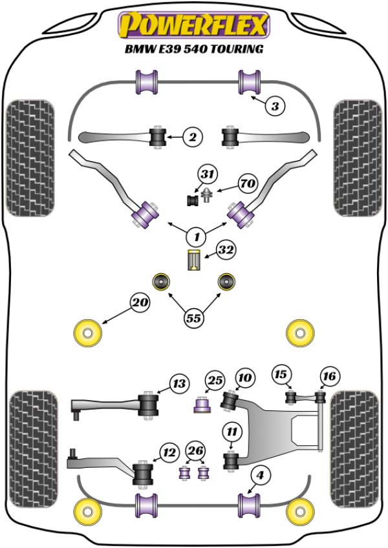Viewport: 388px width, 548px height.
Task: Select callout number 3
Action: click(274, 107)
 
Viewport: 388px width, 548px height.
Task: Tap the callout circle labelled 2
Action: click(191, 136)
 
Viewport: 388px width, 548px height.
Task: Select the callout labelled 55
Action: click(193, 318)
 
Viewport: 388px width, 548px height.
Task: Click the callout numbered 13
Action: click(179, 385)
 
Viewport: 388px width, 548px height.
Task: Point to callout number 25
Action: click(215, 380)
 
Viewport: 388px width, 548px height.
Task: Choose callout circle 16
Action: click(329, 375)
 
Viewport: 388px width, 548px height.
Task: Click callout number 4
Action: click(259, 476)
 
